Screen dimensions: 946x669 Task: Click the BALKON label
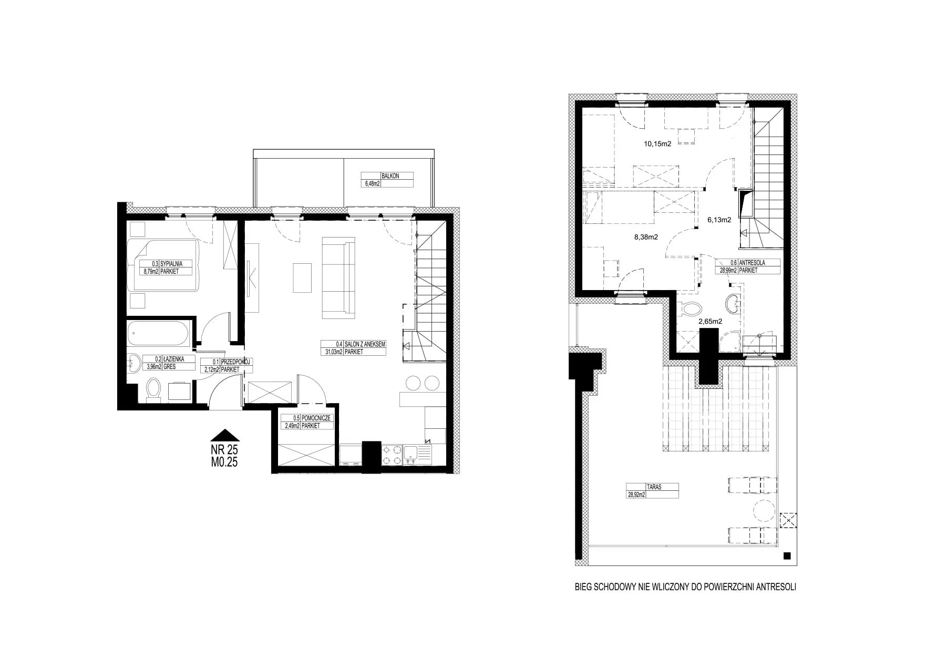(391, 176)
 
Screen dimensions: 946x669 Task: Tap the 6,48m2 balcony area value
(372, 184)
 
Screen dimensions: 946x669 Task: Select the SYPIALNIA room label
(172, 264)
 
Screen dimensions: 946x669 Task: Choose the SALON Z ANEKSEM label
(365, 344)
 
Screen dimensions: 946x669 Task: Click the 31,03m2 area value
(332, 352)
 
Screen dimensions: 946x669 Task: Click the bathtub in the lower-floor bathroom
(158, 334)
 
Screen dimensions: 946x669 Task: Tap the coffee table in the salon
(303, 277)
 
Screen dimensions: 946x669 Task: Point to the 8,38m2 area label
(646, 237)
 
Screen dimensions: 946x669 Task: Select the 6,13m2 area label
(719, 220)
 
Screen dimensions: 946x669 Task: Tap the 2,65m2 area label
(710, 321)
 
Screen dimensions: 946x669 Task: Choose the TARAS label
(655, 487)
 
